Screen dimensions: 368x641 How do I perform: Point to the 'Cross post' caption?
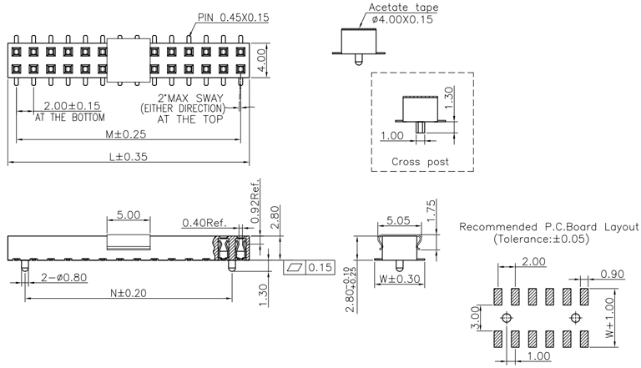click(x=420, y=161)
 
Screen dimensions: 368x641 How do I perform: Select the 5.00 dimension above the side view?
click(x=129, y=214)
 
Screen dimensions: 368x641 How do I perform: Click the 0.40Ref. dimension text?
click(x=204, y=223)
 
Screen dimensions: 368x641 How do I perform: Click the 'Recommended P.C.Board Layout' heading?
click(x=548, y=227)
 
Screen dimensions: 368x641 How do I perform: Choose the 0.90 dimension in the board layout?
click(x=613, y=273)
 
